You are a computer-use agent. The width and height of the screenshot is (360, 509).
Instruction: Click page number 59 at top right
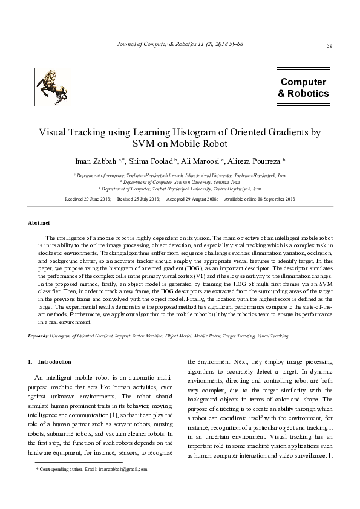click(329, 46)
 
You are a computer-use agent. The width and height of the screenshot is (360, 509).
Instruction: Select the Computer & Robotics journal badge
click(303, 88)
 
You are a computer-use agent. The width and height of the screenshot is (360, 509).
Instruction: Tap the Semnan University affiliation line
click(180, 181)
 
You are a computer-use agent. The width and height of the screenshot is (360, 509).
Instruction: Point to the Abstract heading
click(39, 224)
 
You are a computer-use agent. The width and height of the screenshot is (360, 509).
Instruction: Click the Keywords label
click(39, 335)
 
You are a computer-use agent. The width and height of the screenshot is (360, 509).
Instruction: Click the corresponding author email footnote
click(91, 468)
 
